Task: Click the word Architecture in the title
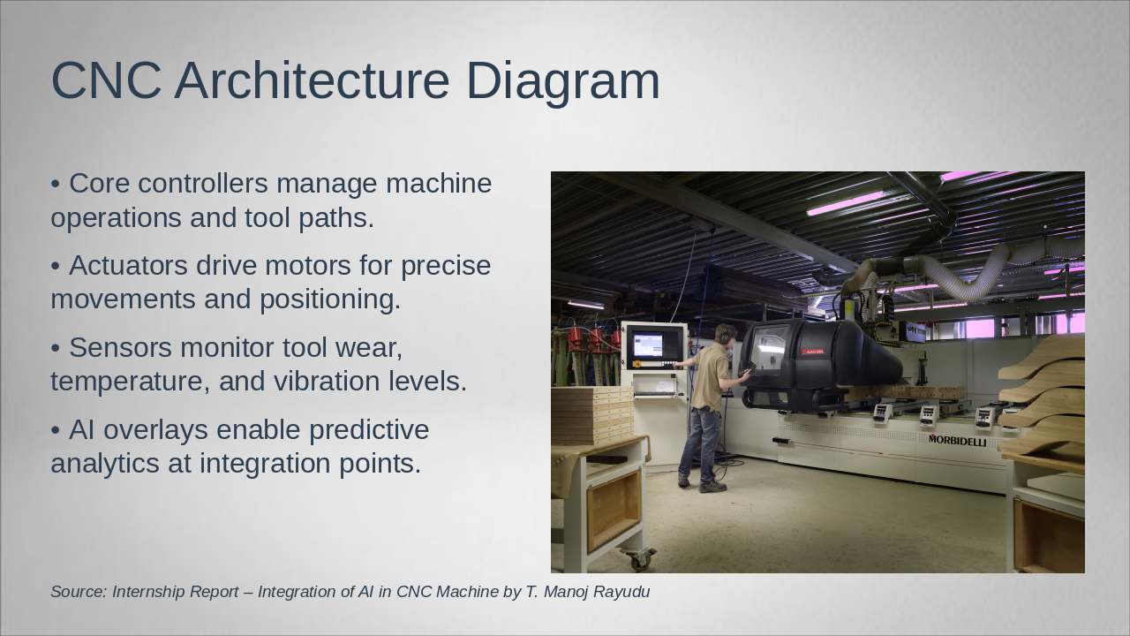(x=312, y=80)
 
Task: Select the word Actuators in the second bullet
(x=128, y=266)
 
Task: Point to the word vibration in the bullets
(x=327, y=381)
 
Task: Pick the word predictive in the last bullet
(x=369, y=431)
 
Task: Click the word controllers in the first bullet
(x=203, y=183)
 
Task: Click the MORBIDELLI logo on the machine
(x=957, y=441)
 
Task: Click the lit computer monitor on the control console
(x=648, y=344)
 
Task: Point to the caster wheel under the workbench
(x=640, y=560)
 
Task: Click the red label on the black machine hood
(x=813, y=352)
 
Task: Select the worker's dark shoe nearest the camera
(x=712, y=487)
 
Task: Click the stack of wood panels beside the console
(x=592, y=415)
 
